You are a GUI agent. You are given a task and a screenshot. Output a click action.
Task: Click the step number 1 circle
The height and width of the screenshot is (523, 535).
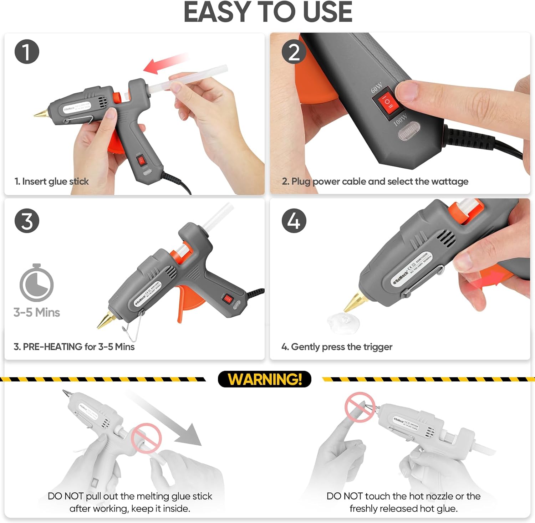pyautogui.click(x=27, y=52)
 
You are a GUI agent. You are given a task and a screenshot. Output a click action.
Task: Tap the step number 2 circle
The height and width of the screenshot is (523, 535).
pyautogui.click(x=294, y=52)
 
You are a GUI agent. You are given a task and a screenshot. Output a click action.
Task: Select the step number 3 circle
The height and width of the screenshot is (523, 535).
pyautogui.click(x=27, y=221)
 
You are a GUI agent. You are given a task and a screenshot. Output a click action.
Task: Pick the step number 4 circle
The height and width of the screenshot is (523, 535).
pyautogui.click(x=294, y=221)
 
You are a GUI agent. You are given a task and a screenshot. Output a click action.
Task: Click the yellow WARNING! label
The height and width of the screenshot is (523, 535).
pyautogui.click(x=264, y=379)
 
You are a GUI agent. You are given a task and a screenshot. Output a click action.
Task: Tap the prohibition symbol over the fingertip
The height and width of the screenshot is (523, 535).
pyautogui.click(x=360, y=407)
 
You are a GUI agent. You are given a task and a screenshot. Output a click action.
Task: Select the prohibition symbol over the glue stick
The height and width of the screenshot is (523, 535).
pyautogui.click(x=146, y=438)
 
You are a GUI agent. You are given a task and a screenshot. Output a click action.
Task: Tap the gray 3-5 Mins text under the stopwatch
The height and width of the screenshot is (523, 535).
pyautogui.click(x=37, y=313)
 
